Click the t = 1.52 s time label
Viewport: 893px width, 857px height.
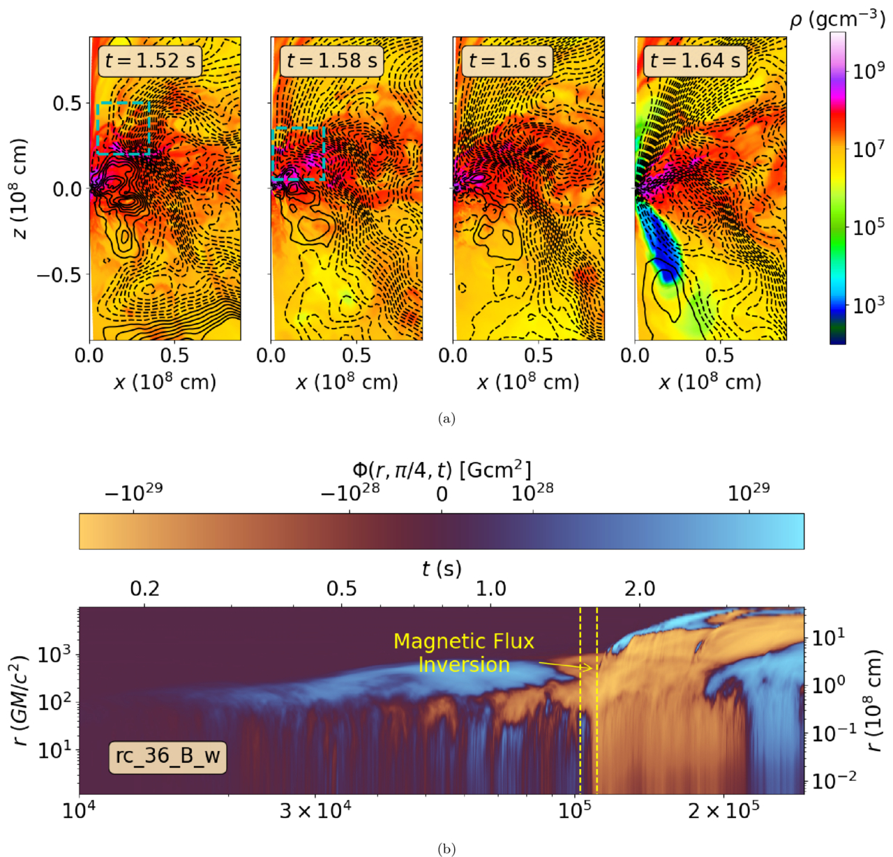point(150,60)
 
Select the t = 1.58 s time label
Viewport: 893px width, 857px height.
point(332,60)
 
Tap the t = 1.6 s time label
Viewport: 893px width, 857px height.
point(507,60)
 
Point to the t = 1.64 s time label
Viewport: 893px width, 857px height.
point(696,60)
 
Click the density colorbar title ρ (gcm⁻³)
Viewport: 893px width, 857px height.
point(837,20)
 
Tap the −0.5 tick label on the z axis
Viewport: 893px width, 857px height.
point(60,274)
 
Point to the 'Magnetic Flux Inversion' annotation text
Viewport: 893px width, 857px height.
point(464,653)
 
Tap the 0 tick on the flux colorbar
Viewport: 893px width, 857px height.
point(442,494)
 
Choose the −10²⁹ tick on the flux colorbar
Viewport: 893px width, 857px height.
point(133,493)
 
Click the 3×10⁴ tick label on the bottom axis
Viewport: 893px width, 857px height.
point(315,812)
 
